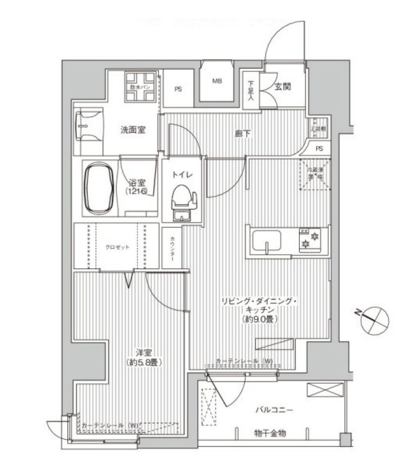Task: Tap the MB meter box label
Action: point(217,81)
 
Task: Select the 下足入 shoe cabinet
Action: point(251,91)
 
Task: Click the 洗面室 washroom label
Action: point(133,131)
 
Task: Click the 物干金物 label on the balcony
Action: point(270,433)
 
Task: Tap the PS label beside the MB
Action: point(178,89)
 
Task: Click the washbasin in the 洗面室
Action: point(88,126)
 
